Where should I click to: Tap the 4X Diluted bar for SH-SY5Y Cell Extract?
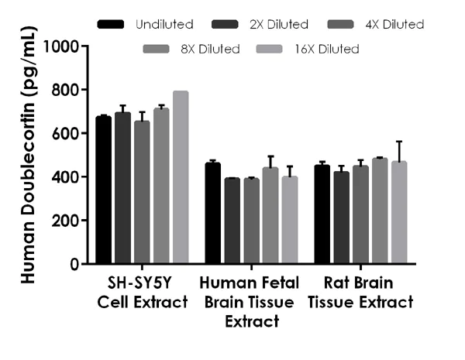(142, 193)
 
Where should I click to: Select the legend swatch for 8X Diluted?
(158, 50)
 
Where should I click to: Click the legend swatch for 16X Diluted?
(274, 50)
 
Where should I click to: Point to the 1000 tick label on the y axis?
(63, 46)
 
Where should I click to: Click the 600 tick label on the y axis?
(67, 134)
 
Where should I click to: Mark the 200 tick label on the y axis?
(67, 221)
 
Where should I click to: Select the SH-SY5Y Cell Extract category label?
(143, 292)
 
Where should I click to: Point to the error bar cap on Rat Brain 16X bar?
(399, 142)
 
